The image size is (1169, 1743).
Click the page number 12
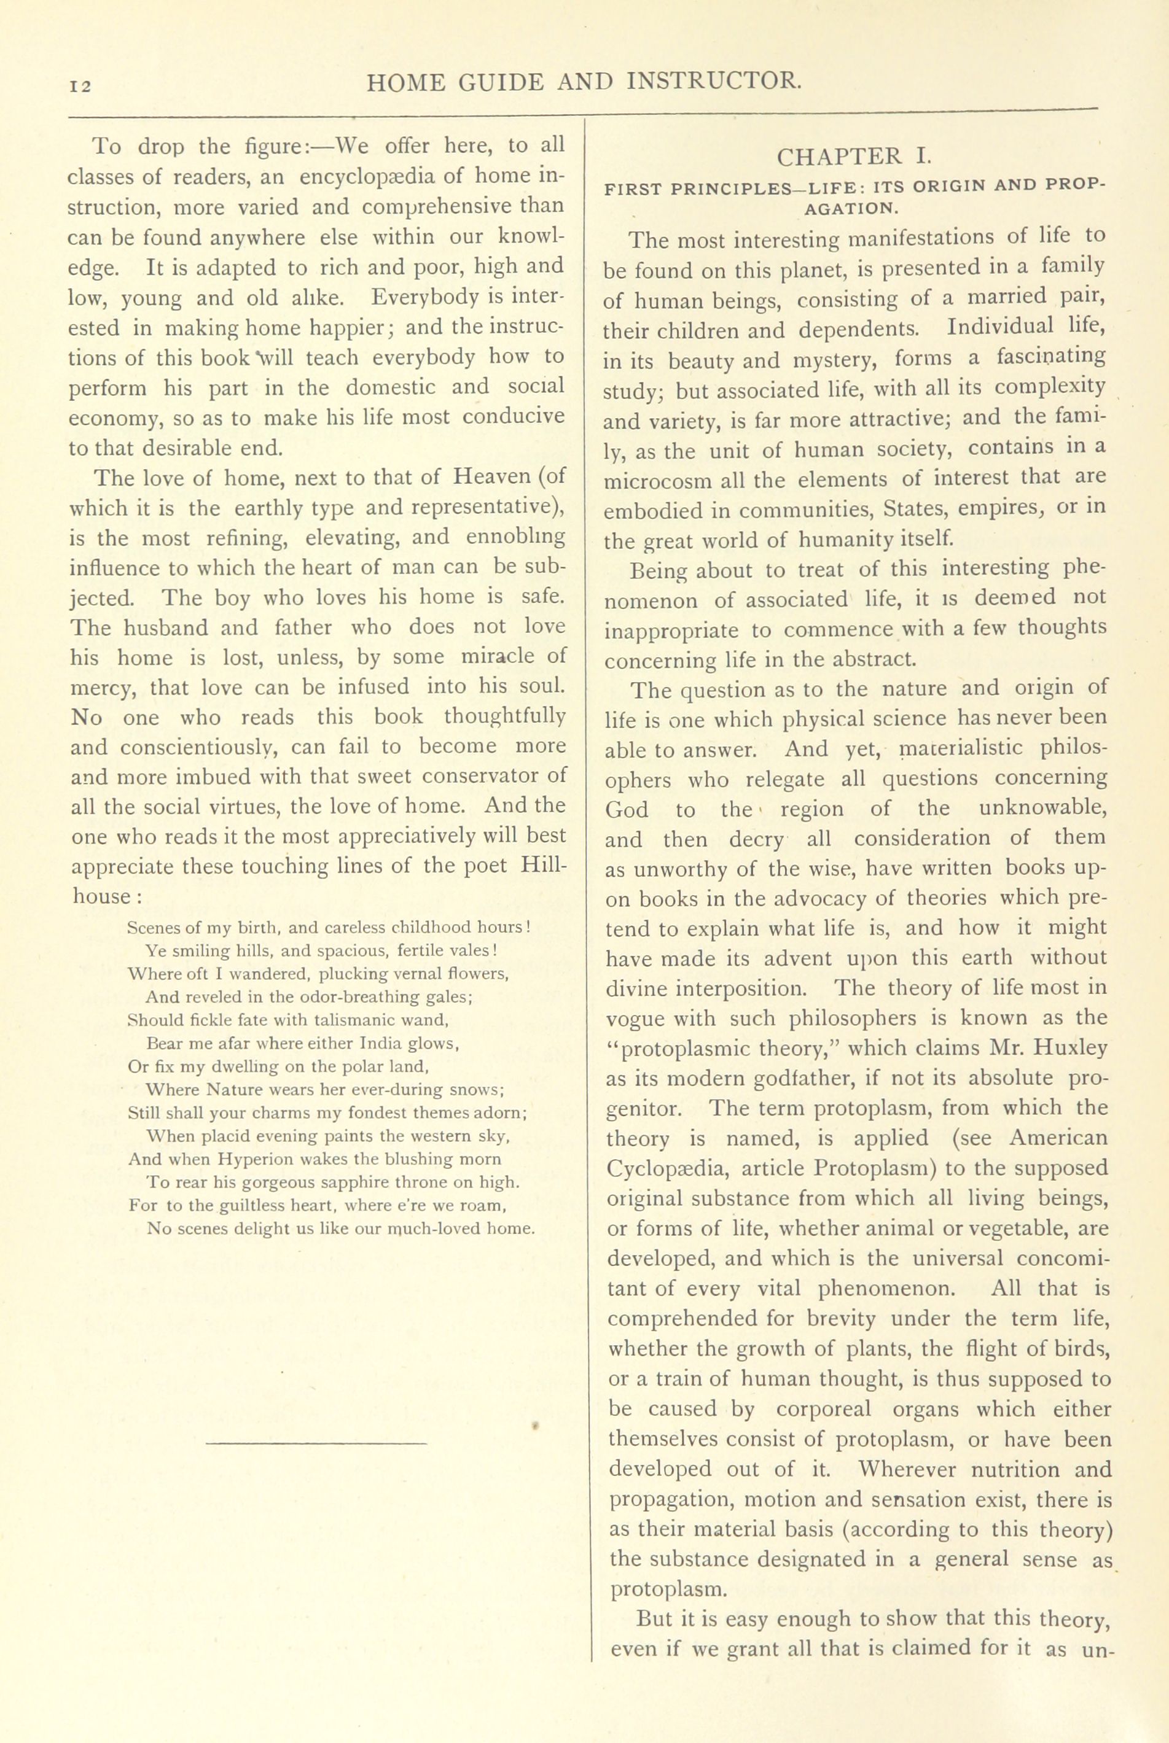tap(80, 87)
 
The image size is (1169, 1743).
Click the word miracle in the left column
tap(492, 658)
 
